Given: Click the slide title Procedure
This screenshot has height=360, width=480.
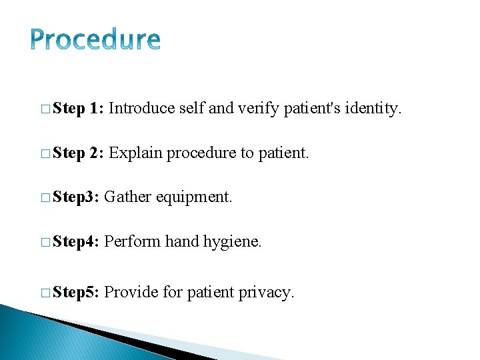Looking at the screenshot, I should click(95, 41).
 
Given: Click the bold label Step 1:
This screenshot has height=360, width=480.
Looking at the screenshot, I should click(77, 108).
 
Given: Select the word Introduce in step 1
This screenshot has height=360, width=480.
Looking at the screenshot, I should click(142, 108).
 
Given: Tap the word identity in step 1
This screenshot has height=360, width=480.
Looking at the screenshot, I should click(372, 108).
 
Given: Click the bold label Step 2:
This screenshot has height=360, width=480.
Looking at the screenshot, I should click(77, 153).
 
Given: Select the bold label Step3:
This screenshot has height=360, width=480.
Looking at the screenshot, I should click(76, 197).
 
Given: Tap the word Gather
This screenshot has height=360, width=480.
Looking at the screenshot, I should click(127, 197).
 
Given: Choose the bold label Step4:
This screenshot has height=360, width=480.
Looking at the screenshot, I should click(76, 242).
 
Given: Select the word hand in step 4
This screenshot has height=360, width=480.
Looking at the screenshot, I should click(182, 242).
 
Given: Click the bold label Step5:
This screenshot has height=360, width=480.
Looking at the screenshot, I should click(76, 292).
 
